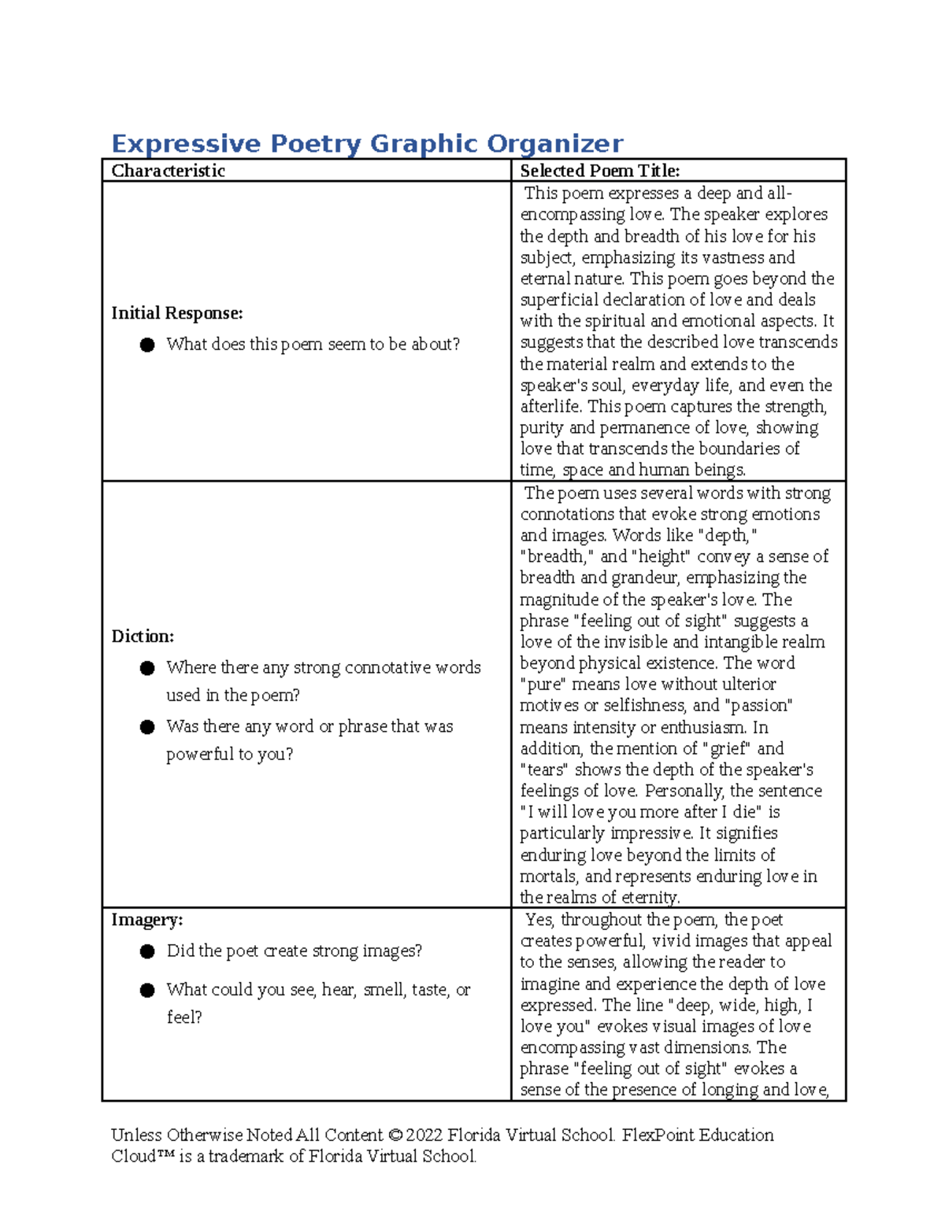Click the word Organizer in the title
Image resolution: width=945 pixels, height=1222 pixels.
coord(554,143)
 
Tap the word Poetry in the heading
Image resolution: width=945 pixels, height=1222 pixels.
coord(316,143)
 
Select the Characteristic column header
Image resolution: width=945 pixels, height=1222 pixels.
coord(168,171)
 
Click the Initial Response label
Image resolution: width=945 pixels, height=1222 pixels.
coord(176,313)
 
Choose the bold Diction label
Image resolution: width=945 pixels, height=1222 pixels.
coord(143,636)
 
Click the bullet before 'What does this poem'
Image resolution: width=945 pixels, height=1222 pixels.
coord(147,345)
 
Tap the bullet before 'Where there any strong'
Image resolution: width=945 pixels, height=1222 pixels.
coord(147,668)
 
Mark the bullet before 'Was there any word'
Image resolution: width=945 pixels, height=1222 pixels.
coord(147,727)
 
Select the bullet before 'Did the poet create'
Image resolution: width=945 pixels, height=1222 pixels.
coord(147,951)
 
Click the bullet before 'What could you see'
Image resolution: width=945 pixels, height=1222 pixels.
coord(147,990)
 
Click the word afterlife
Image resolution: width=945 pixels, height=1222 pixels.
coord(550,407)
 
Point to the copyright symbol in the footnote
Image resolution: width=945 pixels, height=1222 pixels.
coord(395,1135)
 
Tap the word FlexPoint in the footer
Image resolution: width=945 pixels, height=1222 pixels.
coord(655,1135)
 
